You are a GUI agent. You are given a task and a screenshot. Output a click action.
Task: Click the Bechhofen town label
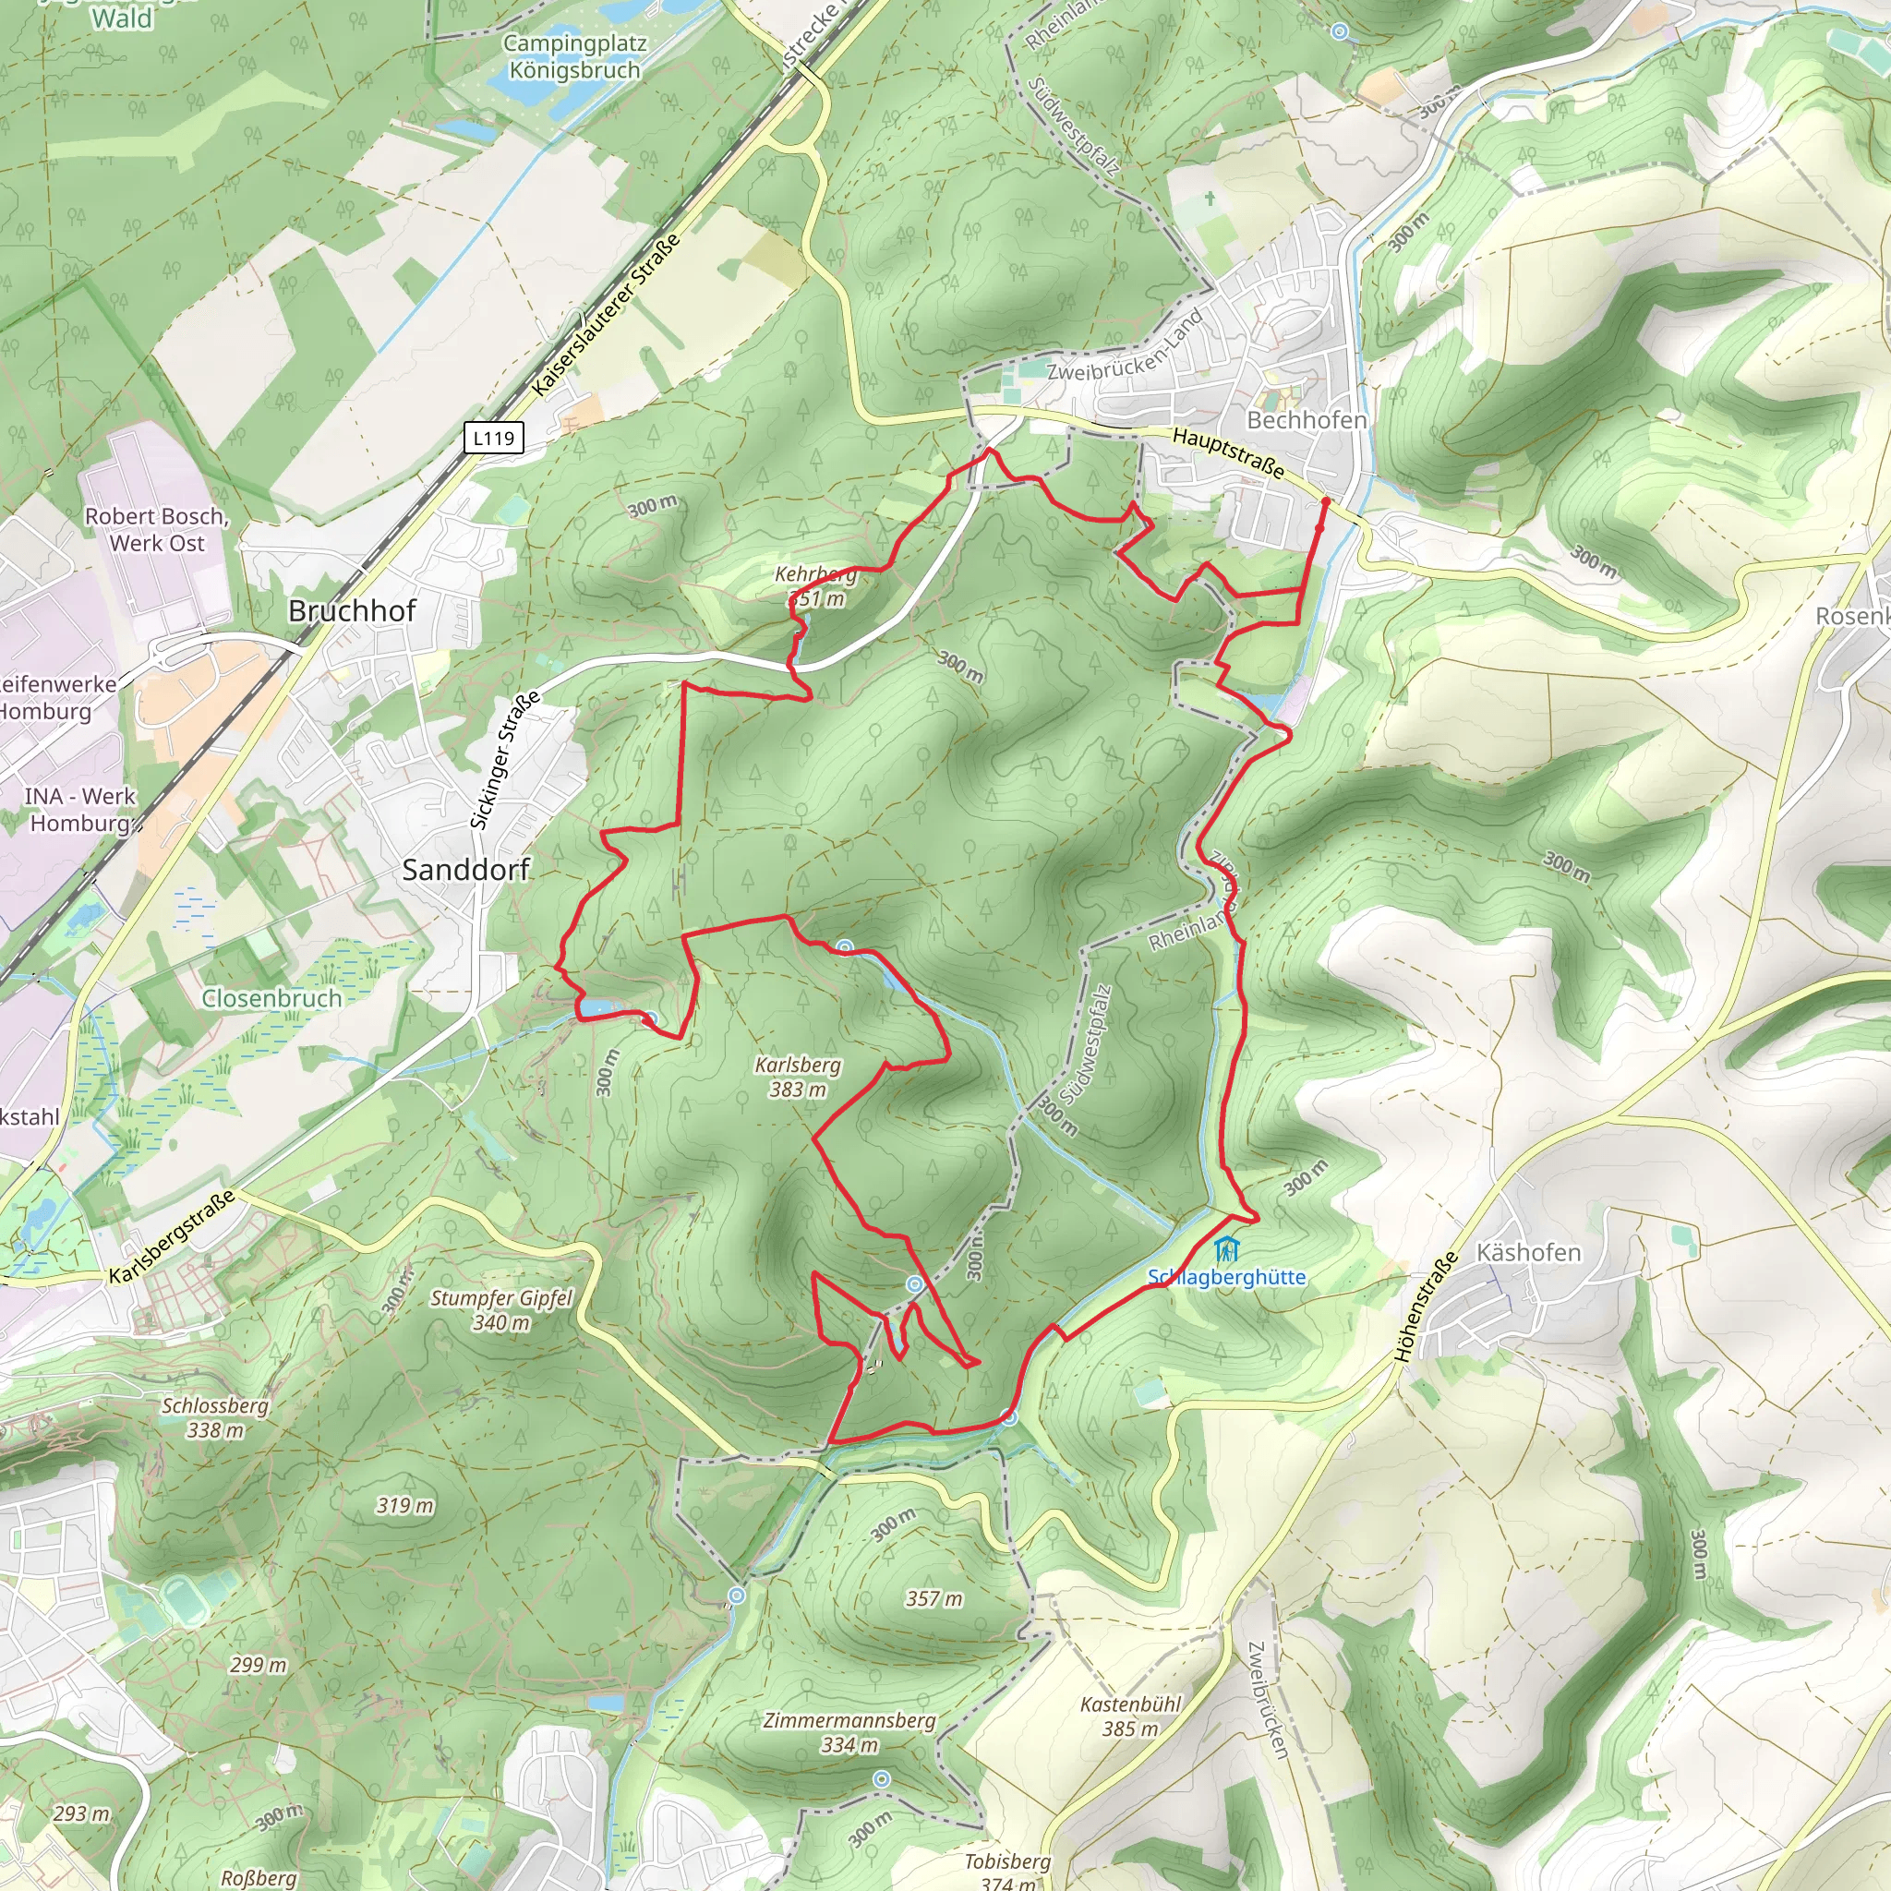[1306, 420]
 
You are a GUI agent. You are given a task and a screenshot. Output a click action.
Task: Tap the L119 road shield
[493, 438]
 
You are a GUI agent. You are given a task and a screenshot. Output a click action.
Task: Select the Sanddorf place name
[466, 869]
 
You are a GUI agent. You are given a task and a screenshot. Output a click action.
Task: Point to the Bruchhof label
[353, 610]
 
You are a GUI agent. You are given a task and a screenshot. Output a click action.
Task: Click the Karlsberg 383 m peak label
[797, 1077]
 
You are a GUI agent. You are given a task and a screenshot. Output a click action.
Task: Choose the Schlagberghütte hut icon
[1225, 1250]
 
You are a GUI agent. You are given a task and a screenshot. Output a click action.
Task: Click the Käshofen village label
[1528, 1253]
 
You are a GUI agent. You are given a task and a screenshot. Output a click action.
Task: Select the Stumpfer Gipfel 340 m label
[501, 1309]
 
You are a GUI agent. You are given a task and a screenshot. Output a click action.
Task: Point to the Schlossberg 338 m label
[215, 1417]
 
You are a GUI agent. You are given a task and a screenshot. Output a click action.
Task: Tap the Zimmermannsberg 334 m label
[849, 1732]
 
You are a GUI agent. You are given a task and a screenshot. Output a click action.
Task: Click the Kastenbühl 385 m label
[1130, 1716]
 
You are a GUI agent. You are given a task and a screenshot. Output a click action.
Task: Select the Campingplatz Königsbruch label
[574, 56]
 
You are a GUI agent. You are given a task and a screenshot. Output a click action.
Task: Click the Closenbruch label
[272, 998]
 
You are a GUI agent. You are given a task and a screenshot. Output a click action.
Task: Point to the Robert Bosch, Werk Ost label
[157, 529]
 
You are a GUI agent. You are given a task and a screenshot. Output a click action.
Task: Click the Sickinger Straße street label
[505, 761]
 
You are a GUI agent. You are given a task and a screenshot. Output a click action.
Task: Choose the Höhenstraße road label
[1425, 1307]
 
